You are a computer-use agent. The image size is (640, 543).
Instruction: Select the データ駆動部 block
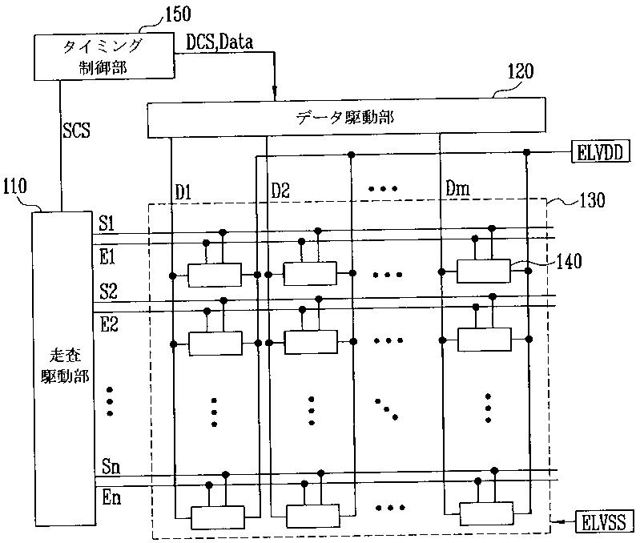pos(345,117)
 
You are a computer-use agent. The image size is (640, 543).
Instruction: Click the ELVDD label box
pos(602,152)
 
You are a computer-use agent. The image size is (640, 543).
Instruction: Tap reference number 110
pos(15,188)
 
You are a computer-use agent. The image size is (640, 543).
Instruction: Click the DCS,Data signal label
pos(219,42)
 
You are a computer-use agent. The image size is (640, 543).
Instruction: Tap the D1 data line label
pos(184,192)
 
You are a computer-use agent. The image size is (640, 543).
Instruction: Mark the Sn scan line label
pos(111,467)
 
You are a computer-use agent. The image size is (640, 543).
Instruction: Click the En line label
pos(111,498)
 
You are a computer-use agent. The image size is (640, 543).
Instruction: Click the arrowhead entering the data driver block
pos(275,95)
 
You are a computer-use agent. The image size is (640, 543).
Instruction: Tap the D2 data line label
pos(280,192)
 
